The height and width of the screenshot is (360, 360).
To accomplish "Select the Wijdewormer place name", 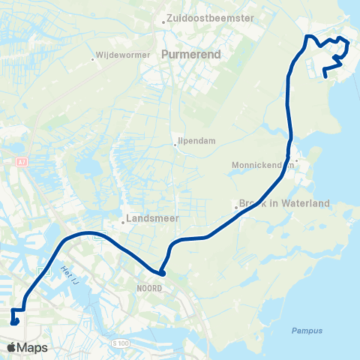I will [117, 56].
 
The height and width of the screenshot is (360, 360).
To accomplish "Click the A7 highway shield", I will [21, 161].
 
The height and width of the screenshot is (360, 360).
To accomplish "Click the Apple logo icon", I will [12, 347].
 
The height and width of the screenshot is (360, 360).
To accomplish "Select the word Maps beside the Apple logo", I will [33, 347].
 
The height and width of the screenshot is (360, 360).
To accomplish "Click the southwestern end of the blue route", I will [14, 323].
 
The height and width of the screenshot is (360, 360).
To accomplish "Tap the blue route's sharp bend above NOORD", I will [160, 272].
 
